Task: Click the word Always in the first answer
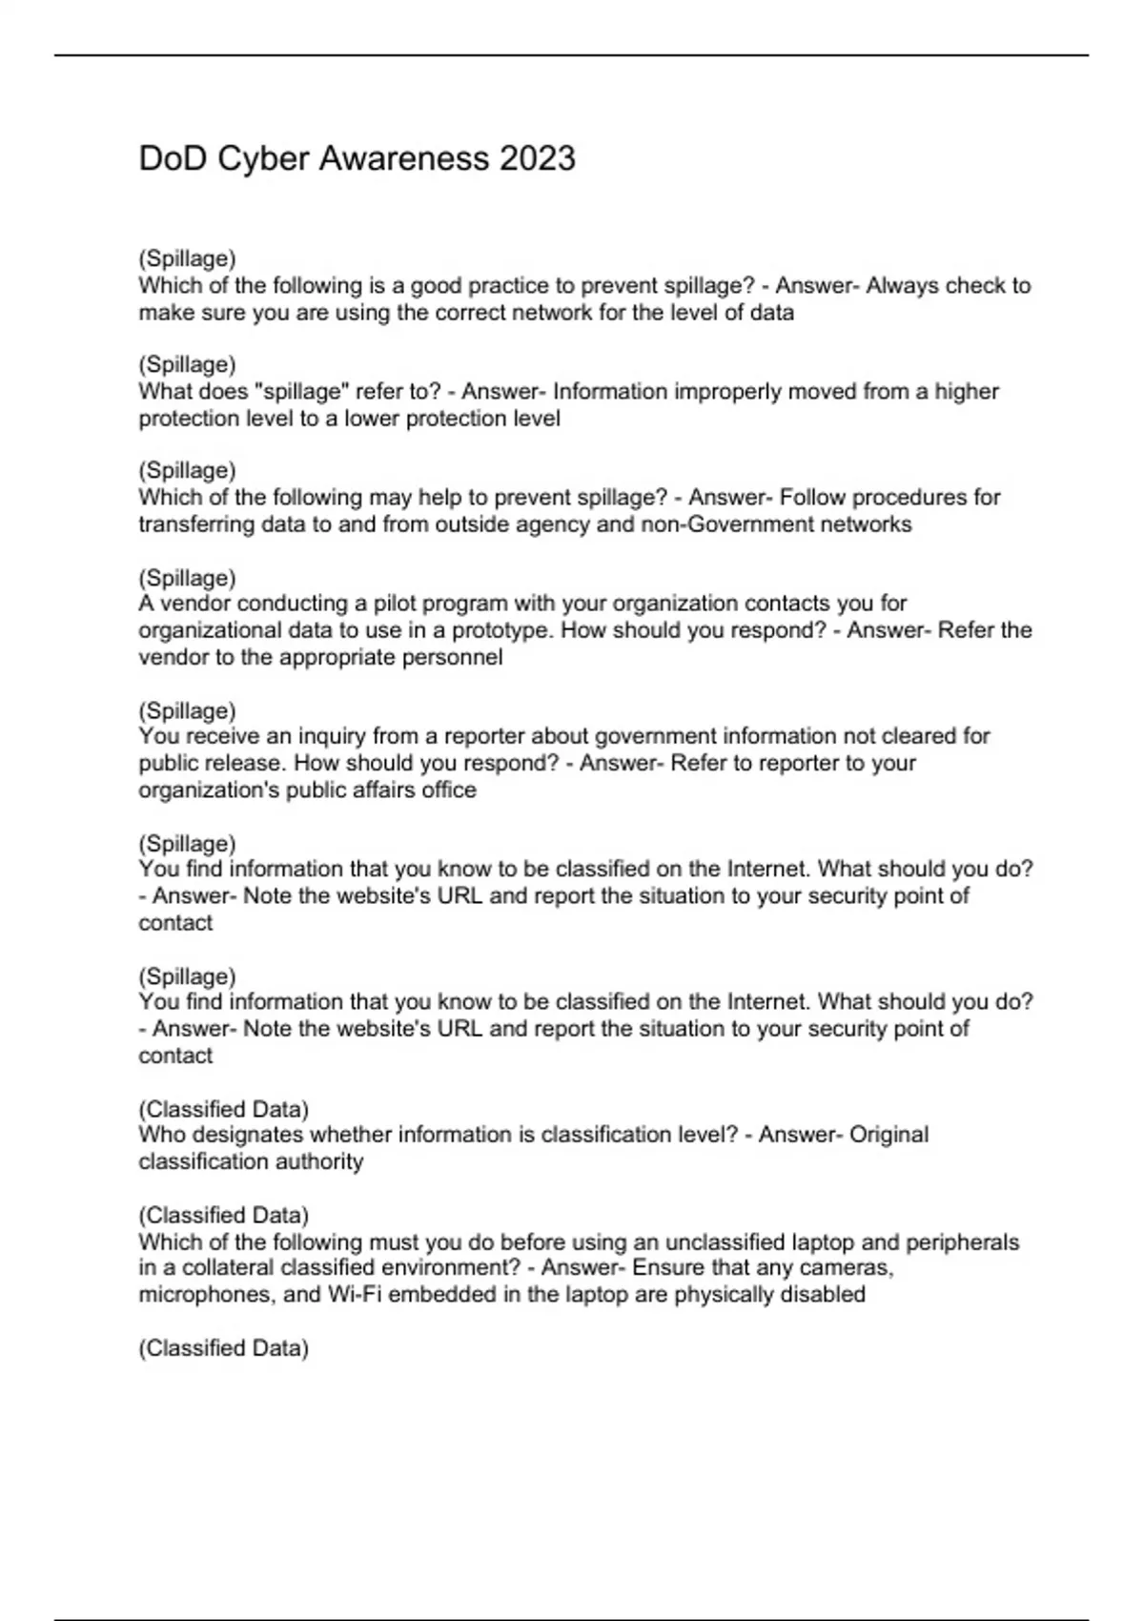point(898,286)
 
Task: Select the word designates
point(238,1135)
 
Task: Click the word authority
point(317,1161)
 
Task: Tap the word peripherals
point(962,1242)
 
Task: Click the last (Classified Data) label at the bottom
point(223,1348)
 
